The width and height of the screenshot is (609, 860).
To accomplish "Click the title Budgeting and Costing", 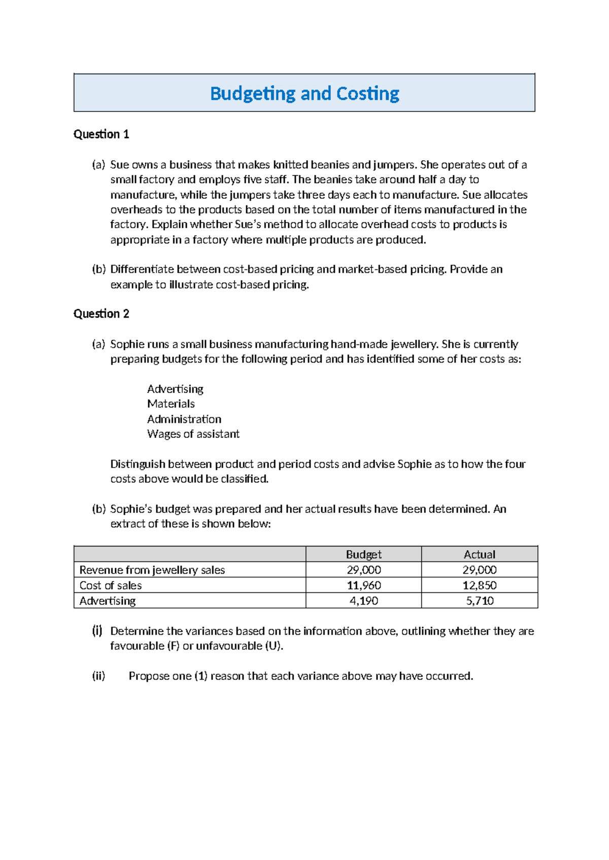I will (x=304, y=94).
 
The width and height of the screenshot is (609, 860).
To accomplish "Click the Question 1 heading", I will (x=101, y=134).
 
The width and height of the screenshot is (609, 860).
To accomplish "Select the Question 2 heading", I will (x=101, y=314).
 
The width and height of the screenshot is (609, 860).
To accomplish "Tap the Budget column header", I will (x=363, y=554).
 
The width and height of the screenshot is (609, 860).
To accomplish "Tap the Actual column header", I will (x=479, y=554).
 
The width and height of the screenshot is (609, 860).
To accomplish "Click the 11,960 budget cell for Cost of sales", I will (x=363, y=585).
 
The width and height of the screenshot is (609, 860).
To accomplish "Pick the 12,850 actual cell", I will (x=479, y=585).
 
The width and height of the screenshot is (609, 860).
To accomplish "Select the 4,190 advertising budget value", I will (x=363, y=601).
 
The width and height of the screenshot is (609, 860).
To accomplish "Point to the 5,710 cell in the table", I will (x=479, y=601).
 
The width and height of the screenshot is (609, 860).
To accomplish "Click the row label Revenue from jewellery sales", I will (x=152, y=570).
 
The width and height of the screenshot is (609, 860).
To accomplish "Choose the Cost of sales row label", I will (x=111, y=585).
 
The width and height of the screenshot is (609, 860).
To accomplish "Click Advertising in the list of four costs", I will (x=175, y=389).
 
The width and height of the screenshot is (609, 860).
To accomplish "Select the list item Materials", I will (x=171, y=404).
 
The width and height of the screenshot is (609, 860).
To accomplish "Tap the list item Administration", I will (x=184, y=419).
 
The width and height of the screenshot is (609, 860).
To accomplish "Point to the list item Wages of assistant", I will (x=193, y=434).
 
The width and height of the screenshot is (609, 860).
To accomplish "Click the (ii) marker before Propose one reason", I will (x=98, y=676).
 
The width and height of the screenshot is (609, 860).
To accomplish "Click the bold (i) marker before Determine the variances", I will (x=97, y=631).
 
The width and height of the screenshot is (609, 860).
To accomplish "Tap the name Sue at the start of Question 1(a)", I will (x=119, y=165).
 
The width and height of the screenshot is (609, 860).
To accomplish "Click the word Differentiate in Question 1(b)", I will (x=142, y=269).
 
